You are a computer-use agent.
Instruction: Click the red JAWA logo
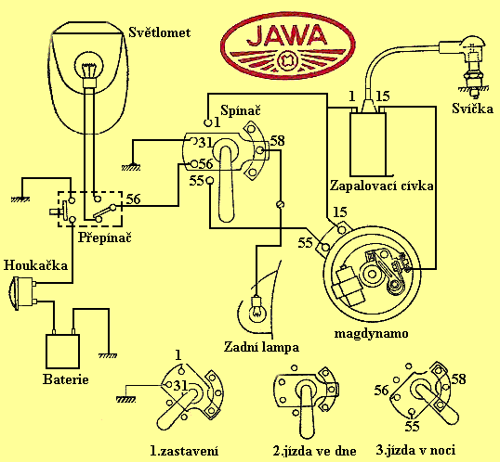point(288,47)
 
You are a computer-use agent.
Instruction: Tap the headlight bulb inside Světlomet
point(89,68)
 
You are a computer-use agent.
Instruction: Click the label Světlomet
point(159,32)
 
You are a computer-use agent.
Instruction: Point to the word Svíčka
point(472,109)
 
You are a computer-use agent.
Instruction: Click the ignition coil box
point(368,144)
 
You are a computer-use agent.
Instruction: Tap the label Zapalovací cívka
point(382,186)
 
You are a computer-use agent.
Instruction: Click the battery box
point(62,352)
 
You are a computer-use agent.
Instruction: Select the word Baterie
point(66,379)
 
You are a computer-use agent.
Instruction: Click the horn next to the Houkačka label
point(21,293)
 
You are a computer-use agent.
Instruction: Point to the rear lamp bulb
point(257,308)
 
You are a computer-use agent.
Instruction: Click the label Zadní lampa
point(261,347)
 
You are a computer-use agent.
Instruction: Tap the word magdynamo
point(371,333)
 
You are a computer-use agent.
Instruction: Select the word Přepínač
point(105,237)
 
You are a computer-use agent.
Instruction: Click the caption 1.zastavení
point(184,451)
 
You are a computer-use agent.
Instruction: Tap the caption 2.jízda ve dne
point(314,451)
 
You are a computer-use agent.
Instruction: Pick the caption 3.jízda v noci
point(415,450)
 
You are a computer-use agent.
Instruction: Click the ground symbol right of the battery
point(108,355)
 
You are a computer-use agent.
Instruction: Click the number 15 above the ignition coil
point(383,96)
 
